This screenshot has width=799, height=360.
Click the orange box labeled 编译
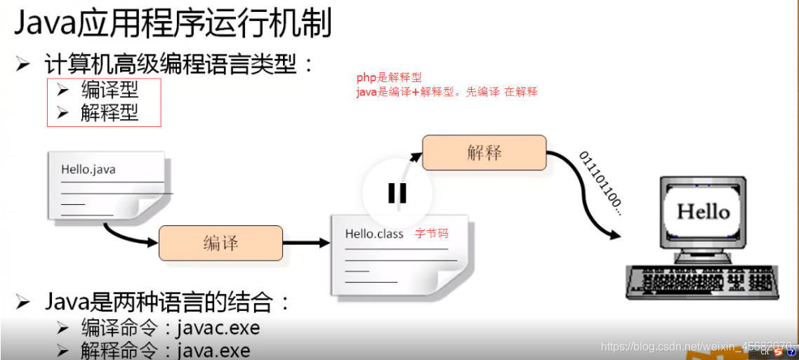(220, 243)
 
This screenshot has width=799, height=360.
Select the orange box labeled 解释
(484, 152)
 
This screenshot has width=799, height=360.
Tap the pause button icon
(397, 192)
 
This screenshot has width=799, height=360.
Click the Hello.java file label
(88, 169)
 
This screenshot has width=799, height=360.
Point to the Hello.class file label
(374, 234)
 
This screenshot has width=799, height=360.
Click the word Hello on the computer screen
(703, 211)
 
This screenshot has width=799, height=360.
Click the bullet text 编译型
(110, 90)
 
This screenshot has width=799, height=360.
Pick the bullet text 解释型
(110, 112)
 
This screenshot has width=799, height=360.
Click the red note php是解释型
(389, 78)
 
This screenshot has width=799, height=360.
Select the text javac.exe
(218, 328)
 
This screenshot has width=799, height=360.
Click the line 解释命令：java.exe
(165, 349)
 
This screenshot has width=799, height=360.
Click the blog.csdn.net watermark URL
(695, 347)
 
